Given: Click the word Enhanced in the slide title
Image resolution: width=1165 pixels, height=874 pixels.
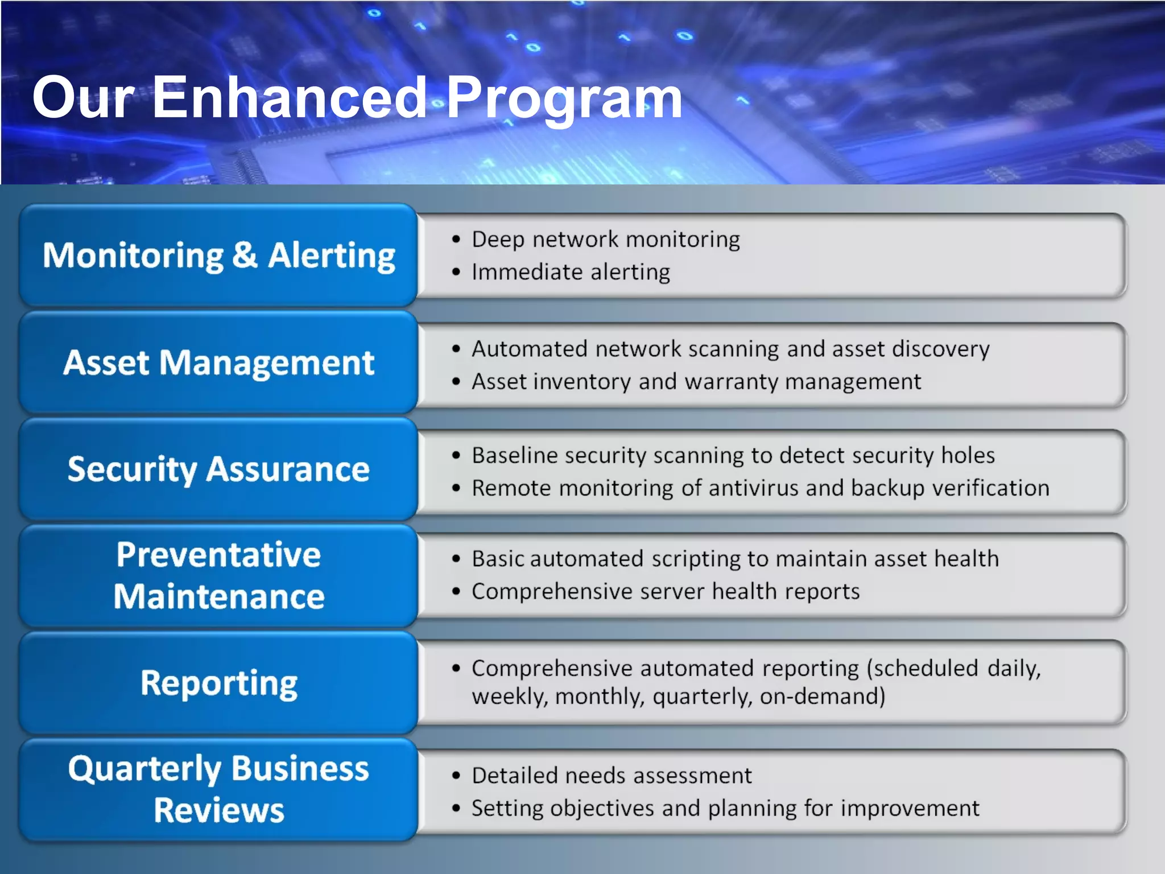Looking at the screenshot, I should (x=289, y=98).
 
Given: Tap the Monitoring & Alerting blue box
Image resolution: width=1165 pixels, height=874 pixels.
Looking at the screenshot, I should (x=218, y=255).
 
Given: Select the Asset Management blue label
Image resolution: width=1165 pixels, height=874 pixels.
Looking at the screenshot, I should (x=218, y=362).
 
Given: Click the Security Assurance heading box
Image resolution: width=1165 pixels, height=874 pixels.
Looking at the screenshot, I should (x=218, y=469).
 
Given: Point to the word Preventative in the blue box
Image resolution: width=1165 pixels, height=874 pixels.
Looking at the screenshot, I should (x=218, y=555).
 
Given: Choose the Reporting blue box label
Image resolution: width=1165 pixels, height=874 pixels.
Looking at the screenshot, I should (x=218, y=683).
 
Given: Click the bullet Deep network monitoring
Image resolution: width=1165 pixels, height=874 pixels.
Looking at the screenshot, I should (x=605, y=240).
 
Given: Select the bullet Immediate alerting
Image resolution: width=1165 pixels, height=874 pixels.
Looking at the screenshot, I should (x=571, y=272).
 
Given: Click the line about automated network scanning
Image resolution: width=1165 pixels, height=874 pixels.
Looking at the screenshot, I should (x=730, y=349).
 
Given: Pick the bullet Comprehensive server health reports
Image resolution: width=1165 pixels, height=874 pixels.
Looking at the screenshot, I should (x=665, y=592).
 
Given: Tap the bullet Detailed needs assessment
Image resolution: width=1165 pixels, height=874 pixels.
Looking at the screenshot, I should (x=612, y=776).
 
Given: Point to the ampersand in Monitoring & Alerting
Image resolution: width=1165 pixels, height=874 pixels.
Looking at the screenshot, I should (x=245, y=255).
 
